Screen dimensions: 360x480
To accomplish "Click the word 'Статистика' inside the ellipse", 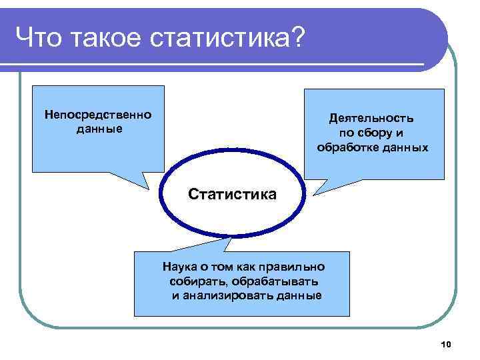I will (x=231, y=195).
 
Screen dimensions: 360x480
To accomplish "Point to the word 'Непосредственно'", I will (x=98, y=115).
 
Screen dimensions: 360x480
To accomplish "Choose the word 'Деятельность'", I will (x=371, y=118).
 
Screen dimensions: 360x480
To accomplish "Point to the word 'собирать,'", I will (x=195, y=281).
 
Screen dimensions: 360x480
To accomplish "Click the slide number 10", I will (x=446, y=344).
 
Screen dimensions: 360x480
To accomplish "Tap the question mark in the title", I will (x=297, y=38).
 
